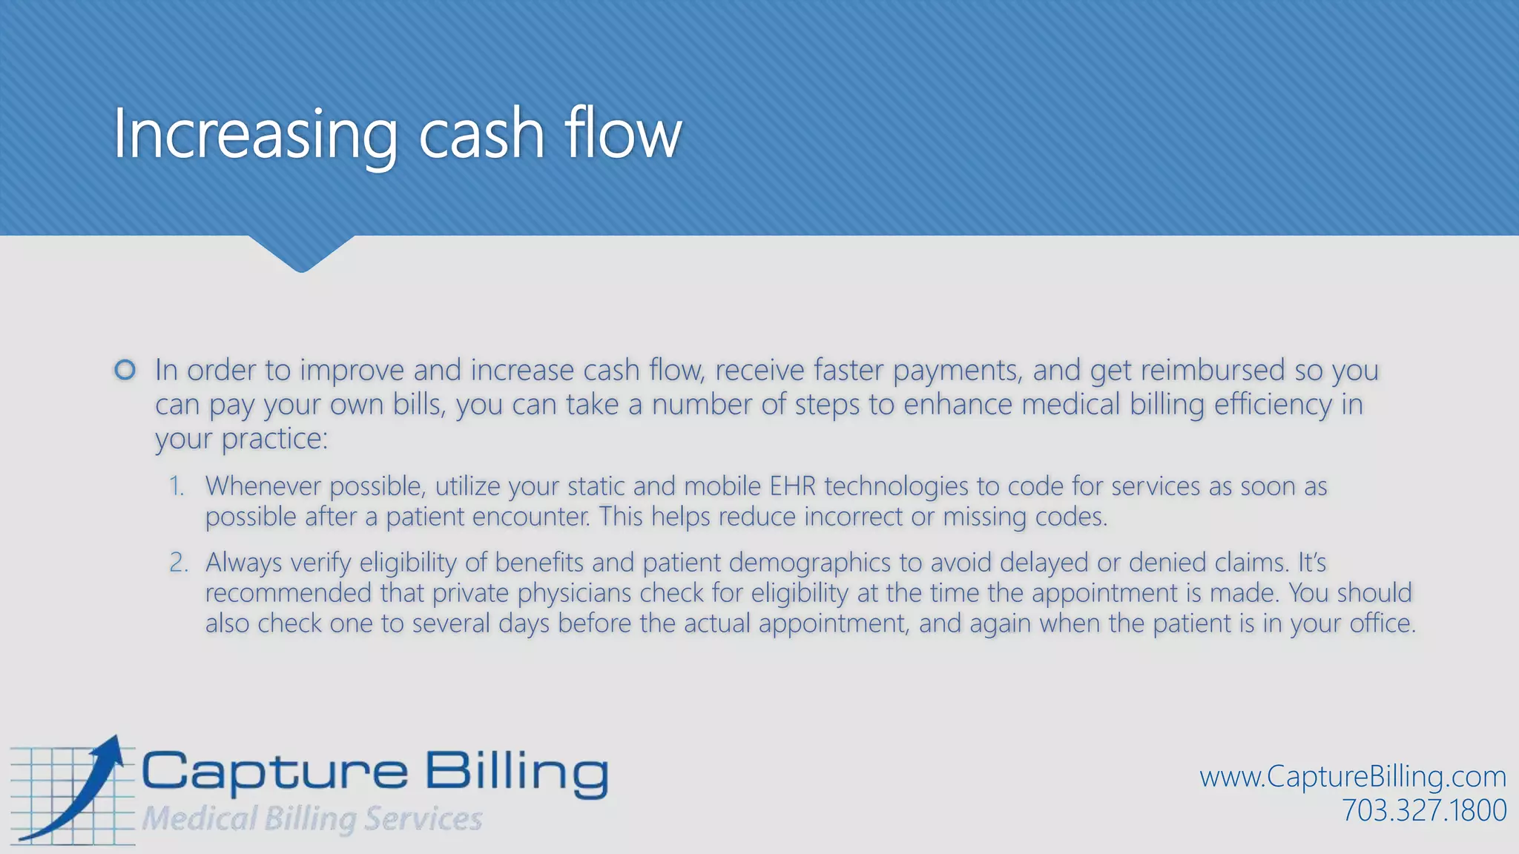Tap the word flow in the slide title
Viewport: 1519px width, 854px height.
click(x=622, y=134)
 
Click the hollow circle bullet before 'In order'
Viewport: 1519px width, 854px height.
click(x=125, y=369)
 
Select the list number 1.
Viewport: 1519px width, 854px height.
click(x=176, y=486)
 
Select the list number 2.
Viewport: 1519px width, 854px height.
click(x=178, y=563)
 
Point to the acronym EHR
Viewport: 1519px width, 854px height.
click(x=792, y=486)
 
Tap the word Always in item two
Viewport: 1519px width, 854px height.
click(x=243, y=563)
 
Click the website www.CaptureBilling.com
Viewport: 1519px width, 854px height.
click(x=1353, y=776)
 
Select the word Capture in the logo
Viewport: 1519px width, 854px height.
click(x=274, y=773)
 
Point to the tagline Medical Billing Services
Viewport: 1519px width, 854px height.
click(x=312, y=819)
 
